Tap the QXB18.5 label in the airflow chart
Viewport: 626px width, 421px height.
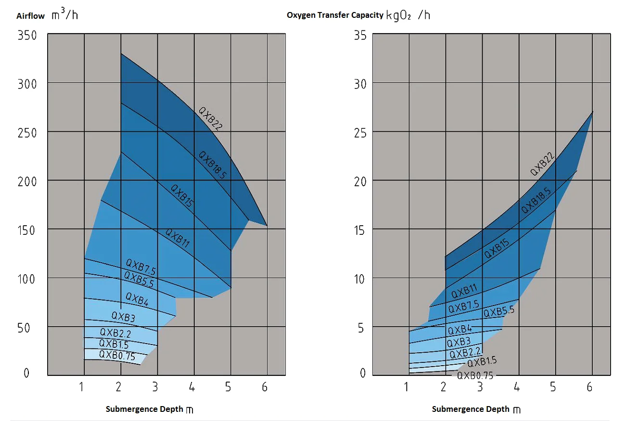(x=212, y=165)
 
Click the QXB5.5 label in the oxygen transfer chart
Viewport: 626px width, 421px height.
(x=499, y=312)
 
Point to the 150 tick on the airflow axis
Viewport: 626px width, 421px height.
(x=26, y=230)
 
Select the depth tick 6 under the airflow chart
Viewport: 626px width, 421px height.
(x=265, y=387)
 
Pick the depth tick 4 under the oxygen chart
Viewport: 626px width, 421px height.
(x=517, y=387)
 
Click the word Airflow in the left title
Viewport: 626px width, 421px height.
(x=30, y=16)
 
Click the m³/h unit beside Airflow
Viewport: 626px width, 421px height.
(x=64, y=14)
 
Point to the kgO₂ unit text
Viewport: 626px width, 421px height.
(x=399, y=15)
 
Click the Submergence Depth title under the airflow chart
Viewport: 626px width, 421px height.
(x=144, y=409)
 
